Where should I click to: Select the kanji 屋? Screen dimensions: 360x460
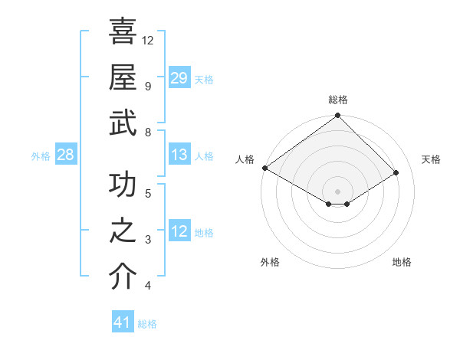(x=123, y=77)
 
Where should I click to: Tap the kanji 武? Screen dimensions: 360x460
(x=123, y=123)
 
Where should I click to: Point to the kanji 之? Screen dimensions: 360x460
(x=123, y=231)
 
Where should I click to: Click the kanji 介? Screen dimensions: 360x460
(x=123, y=277)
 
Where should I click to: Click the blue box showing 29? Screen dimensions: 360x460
(x=179, y=77)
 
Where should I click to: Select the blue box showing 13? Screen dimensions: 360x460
(x=179, y=155)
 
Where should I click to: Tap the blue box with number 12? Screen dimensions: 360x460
(x=179, y=231)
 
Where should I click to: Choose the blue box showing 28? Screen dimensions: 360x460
(x=66, y=155)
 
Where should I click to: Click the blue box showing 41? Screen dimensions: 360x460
(x=123, y=322)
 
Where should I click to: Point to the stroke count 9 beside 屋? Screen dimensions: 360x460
(x=147, y=86)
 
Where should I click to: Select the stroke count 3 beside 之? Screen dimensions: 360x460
(x=147, y=240)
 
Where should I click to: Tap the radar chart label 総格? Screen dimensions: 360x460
(x=338, y=100)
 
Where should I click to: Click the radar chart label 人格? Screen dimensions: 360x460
(x=245, y=159)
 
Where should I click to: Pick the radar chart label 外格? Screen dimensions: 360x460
(x=270, y=262)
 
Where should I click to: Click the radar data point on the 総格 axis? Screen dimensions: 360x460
(x=338, y=116)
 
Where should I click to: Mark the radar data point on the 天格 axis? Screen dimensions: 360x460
(x=396, y=173)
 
